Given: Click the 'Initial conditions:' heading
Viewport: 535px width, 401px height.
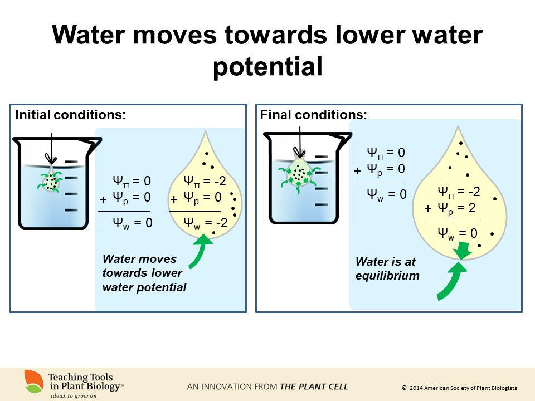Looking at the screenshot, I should pos(70,115).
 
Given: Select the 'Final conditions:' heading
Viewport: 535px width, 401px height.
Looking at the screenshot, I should pos(314,115).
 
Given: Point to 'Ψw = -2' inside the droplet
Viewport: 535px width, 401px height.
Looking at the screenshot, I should pos(206,223).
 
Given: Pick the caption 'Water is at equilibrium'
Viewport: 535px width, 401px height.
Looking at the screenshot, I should pos(387,268).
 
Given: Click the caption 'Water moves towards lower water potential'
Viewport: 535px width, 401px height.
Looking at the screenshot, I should pos(144,273).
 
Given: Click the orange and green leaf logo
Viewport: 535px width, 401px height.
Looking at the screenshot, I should pos(34,380).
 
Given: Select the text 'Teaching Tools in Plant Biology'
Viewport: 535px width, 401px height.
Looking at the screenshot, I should pos(84,382).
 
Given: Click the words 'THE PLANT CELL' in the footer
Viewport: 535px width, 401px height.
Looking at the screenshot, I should pos(314,387).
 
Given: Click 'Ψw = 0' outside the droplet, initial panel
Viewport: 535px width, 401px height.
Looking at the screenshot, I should pos(133,223).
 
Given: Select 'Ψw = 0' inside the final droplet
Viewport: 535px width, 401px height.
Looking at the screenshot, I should pos(458,233).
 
